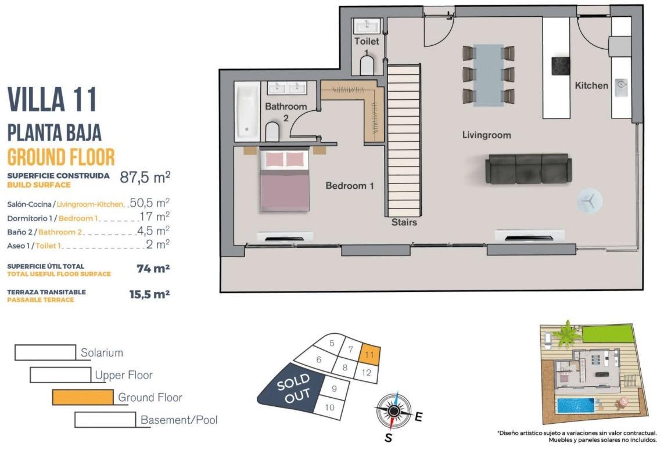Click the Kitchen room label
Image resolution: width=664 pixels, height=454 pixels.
pos(591,85)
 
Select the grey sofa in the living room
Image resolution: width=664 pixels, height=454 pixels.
pos(528,168)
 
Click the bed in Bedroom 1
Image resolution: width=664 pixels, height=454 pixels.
pos(285,180)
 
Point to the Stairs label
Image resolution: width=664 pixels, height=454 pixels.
pos(404,222)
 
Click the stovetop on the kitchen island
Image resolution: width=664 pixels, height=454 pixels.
pos(561,66)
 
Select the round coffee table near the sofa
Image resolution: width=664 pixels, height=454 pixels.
pos(590,200)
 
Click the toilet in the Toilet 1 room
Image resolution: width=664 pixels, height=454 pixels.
pos(368,66)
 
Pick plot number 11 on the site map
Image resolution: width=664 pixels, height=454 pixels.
pos(369,353)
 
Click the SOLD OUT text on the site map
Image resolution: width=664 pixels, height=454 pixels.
pos(293,390)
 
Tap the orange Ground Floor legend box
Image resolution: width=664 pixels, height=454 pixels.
pos(82,397)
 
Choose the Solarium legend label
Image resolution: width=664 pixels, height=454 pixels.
pos(102,352)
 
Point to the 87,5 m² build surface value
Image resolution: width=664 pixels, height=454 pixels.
pos(145,177)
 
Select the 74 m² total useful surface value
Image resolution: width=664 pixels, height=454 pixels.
pos(149,269)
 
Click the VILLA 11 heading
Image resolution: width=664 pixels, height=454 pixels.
pos(52,100)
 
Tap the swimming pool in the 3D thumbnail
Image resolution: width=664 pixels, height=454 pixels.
pos(575,405)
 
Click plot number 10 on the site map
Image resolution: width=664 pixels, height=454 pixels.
pos(330,407)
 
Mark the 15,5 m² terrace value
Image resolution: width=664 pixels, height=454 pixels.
pos(149,294)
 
